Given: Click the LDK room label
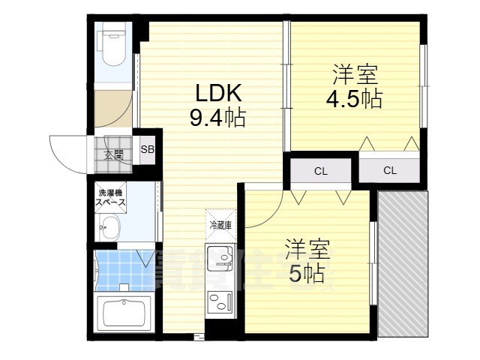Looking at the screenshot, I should (217, 94).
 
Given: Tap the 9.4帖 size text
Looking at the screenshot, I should (217, 118).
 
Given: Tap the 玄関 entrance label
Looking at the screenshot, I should (113, 155).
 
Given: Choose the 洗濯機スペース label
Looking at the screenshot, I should (109, 199).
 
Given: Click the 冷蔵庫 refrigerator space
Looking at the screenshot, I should (220, 224).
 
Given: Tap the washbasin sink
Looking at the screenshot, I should (112, 227).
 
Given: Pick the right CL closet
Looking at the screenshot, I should (390, 170).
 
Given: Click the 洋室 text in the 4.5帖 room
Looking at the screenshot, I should (355, 75).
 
